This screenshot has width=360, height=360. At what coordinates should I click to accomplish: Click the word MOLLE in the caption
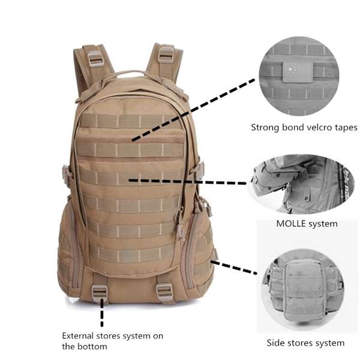[291, 223]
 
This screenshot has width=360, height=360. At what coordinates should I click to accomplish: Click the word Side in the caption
[275, 343]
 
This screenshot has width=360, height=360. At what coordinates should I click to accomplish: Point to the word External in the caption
[78, 335]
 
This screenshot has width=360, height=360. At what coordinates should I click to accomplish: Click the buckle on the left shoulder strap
[95, 59]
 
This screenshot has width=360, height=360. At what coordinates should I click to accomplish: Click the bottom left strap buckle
[100, 293]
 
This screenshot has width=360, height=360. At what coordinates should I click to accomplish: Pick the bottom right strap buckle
[164, 292]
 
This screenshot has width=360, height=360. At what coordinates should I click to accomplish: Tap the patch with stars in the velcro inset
[298, 71]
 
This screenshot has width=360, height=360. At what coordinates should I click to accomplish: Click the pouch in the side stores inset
[304, 290]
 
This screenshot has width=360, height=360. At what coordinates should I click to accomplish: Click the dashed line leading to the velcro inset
[193, 110]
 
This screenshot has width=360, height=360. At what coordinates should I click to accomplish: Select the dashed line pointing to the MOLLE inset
[188, 182]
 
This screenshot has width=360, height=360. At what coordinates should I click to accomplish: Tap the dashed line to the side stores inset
[234, 267]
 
